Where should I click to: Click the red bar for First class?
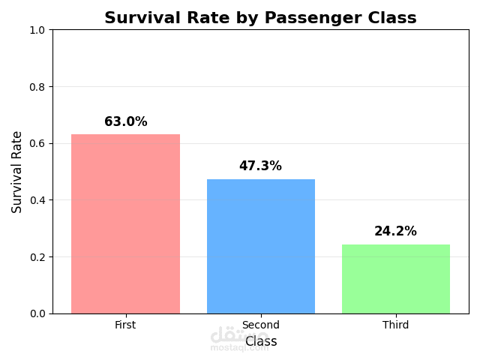(125, 223)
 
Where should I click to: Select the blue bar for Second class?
(260, 246)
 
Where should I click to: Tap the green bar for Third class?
(395, 278)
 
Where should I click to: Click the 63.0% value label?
(125, 121)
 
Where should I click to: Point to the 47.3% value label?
(260, 166)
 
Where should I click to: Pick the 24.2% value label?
(395, 231)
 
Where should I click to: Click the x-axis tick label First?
(125, 325)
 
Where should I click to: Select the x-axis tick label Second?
(260, 325)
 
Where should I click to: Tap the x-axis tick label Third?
(395, 325)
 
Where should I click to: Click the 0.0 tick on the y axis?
(37, 313)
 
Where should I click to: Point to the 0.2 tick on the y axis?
(37, 256)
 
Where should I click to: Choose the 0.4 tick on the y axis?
(37, 200)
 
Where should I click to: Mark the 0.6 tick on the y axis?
(37, 143)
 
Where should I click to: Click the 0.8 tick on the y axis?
(37, 87)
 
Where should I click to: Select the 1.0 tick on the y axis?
(37, 30)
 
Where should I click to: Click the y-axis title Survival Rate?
(17, 172)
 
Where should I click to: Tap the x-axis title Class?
(261, 341)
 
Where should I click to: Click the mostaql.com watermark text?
(239, 348)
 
